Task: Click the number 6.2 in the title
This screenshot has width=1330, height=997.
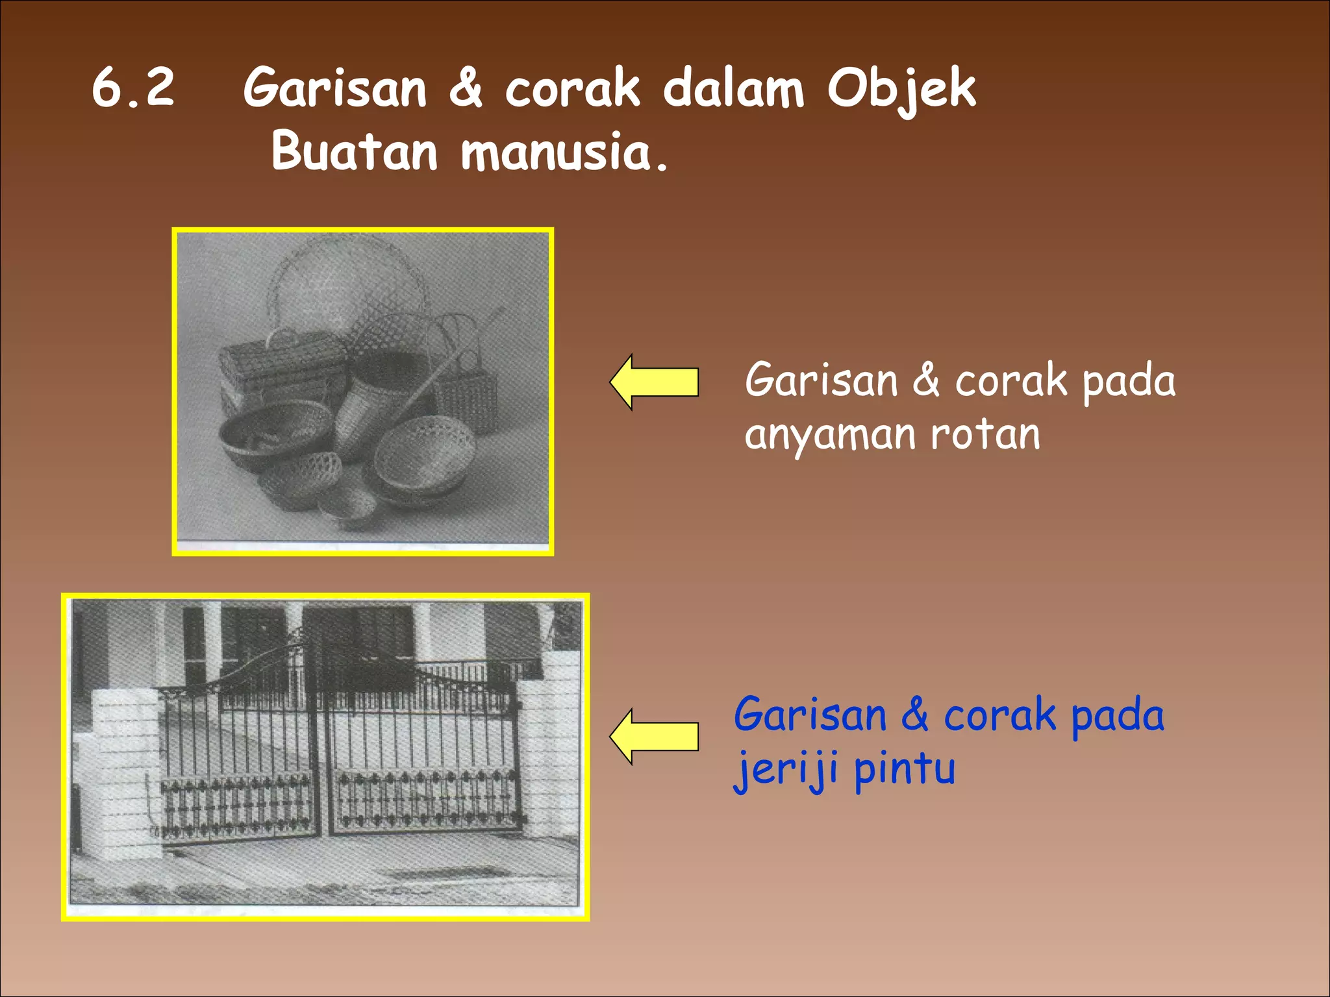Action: pyautogui.click(x=133, y=88)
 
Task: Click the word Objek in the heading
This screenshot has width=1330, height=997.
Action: pyautogui.click(x=901, y=89)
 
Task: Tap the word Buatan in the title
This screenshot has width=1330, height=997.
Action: pyautogui.click(x=355, y=151)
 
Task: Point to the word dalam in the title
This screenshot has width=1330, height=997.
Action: pyautogui.click(x=733, y=89)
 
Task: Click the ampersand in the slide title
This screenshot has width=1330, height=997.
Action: pyautogui.click(x=466, y=89)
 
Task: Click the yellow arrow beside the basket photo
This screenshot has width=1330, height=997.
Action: pyautogui.click(x=655, y=382)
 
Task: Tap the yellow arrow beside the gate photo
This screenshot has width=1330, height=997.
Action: pyautogui.click(x=655, y=737)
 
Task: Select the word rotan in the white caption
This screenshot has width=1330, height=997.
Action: pyautogui.click(x=985, y=434)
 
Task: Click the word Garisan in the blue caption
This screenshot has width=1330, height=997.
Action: pyautogui.click(x=810, y=715)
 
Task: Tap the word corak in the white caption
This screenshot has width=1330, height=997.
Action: pyautogui.click(x=1010, y=381)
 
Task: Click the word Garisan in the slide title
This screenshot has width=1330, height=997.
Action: pyautogui.click(x=335, y=89)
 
